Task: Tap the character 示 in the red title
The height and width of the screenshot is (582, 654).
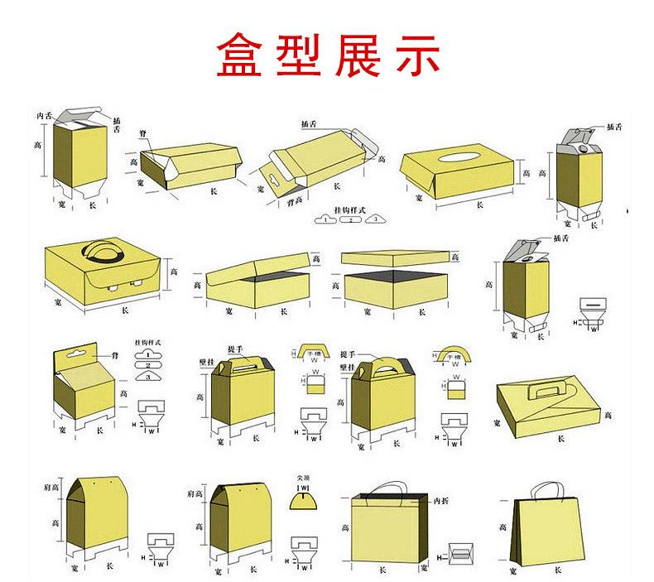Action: point(411,55)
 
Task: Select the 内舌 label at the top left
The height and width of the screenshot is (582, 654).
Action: point(46,115)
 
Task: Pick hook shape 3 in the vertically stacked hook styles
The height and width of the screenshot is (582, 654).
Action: point(148,377)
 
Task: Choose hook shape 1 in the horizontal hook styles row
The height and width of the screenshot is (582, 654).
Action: point(325,219)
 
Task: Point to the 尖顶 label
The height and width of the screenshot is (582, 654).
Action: point(303,479)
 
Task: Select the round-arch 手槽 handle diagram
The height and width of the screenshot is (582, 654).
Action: point(454,354)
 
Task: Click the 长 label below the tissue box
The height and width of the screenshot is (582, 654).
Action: point(479,204)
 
